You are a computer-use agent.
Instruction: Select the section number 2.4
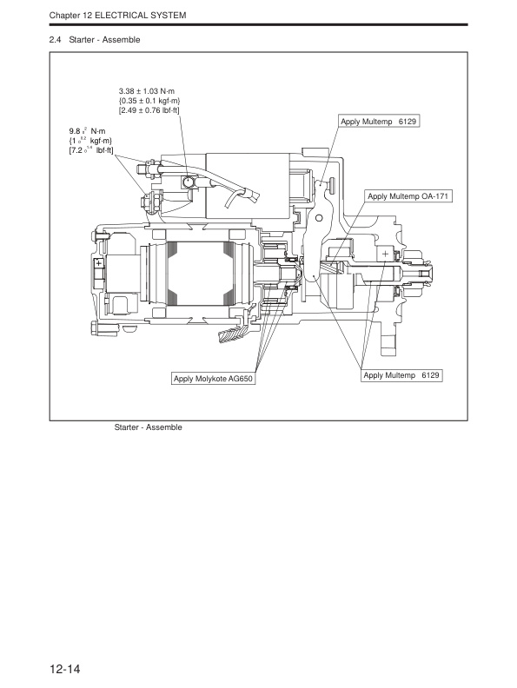click(57, 40)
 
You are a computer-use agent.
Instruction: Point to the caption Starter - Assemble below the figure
click(148, 427)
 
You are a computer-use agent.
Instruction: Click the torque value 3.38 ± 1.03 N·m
click(149, 90)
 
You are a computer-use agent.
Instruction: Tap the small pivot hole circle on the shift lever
click(321, 216)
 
